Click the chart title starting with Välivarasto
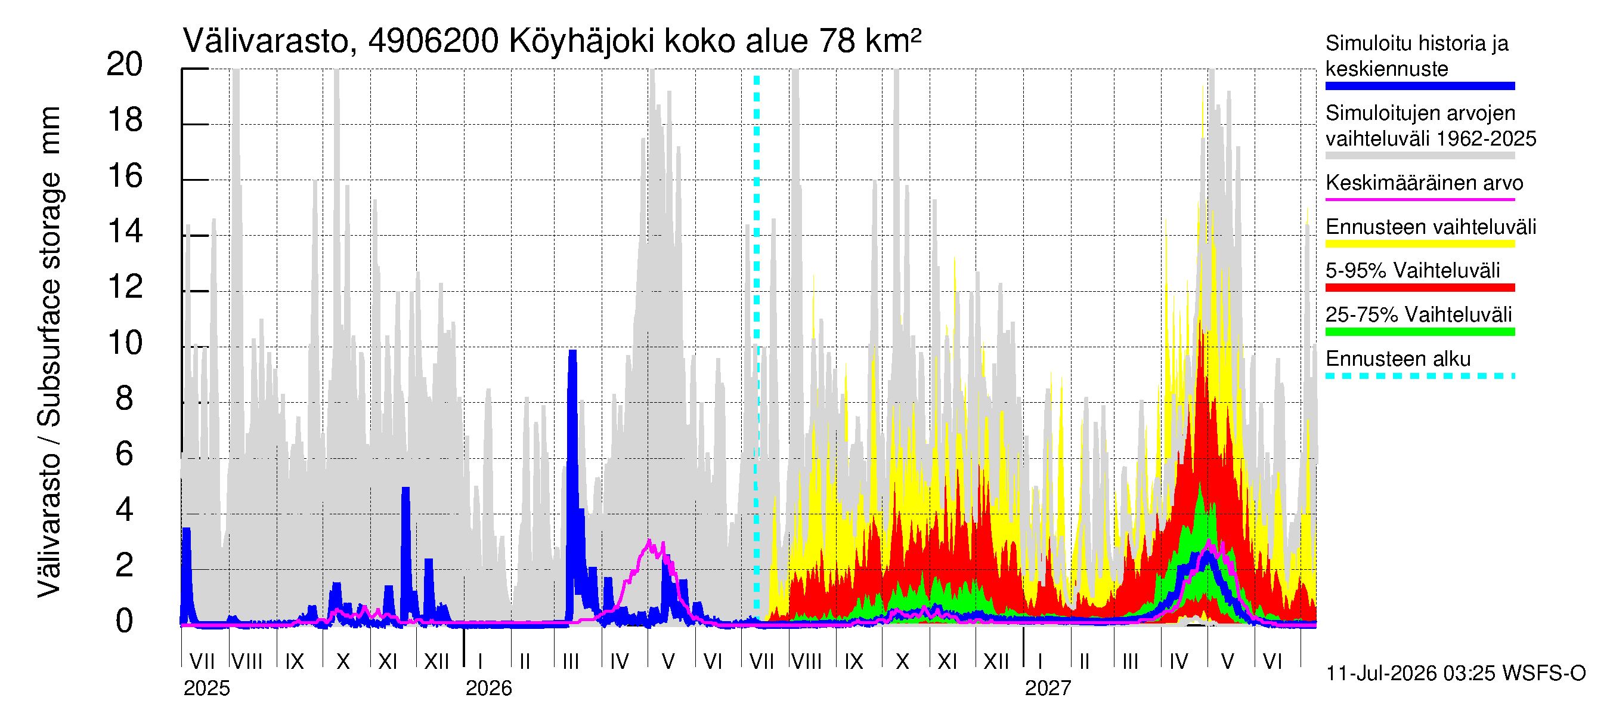click(552, 41)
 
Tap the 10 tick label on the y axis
click(125, 343)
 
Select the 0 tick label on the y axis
click(125, 622)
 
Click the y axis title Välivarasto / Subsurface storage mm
click(50, 351)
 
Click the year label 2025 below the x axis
click(207, 689)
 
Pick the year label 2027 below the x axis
click(1048, 689)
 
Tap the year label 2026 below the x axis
click(489, 689)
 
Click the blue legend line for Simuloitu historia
click(1420, 87)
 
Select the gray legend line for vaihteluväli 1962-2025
click(1420, 156)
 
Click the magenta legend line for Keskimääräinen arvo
click(1420, 199)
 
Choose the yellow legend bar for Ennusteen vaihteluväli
click(1420, 244)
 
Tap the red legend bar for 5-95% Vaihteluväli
click(1420, 288)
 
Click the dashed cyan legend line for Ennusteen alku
click(1420, 376)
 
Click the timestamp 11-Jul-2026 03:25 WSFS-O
click(1456, 674)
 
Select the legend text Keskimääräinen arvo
click(1425, 183)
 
